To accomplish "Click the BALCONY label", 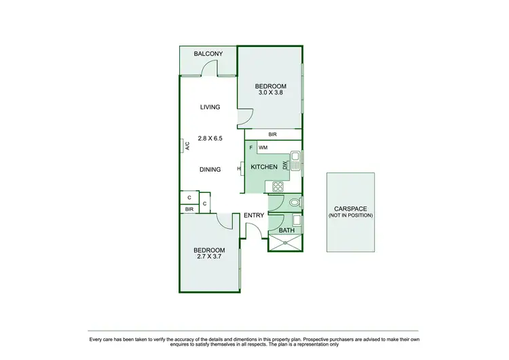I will click(x=208, y=54).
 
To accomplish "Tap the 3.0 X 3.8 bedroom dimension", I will click(x=271, y=92).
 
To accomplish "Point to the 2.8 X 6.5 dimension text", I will click(x=210, y=138).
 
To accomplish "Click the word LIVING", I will click(x=210, y=107).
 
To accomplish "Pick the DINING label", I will click(x=210, y=169).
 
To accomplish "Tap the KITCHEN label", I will click(x=264, y=167).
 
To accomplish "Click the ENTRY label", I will click(x=254, y=215).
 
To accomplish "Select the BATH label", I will click(x=287, y=230).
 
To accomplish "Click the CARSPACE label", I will click(x=350, y=209).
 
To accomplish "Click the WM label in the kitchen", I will click(x=263, y=147).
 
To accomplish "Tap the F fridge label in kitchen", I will click(x=251, y=147).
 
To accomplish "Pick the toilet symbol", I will click(x=295, y=202).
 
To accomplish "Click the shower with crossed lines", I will click(x=285, y=242).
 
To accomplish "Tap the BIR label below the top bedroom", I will click(x=272, y=134).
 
